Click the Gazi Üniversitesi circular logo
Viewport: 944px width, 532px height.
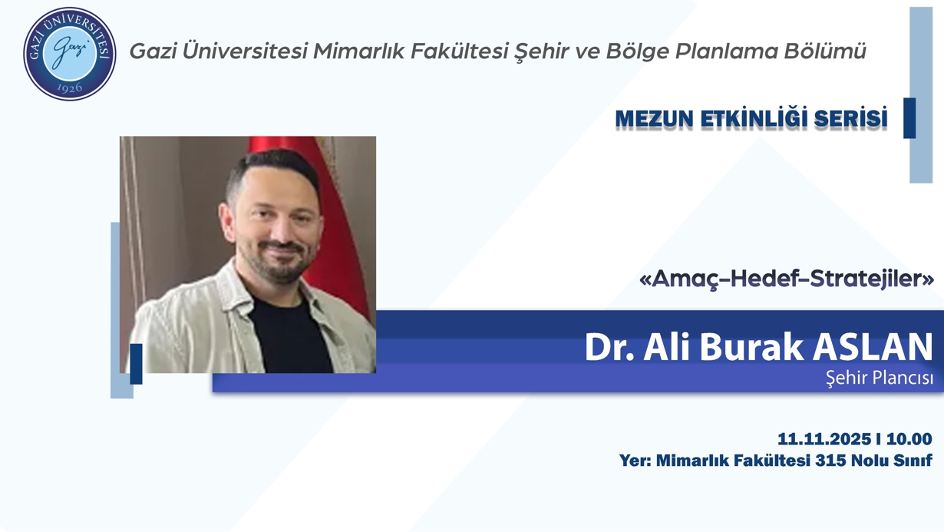tap(69, 53)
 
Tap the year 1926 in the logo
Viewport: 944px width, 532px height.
tap(69, 88)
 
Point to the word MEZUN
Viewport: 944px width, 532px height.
tap(653, 119)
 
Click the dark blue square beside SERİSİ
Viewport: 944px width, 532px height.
tap(909, 118)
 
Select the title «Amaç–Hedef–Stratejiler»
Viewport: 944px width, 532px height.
tap(786, 279)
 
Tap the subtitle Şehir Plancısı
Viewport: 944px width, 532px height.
tap(879, 378)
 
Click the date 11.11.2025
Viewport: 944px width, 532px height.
tap(825, 439)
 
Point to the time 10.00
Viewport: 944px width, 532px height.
tap(909, 439)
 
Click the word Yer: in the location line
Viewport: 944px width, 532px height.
tap(635, 461)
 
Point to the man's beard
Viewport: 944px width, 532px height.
tap(284, 265)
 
